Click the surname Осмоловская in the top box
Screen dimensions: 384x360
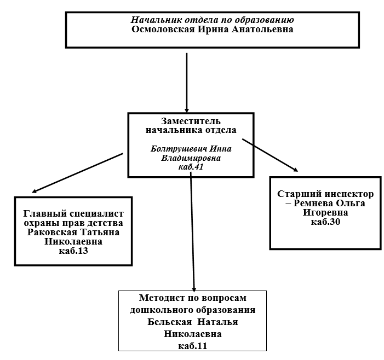(163, 30)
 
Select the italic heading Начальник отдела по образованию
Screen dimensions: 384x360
(212, 20)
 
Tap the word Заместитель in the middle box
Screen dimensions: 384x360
(191, 121)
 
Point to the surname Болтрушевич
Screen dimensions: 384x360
(180, 149)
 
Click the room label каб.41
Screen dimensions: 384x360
(191, 167)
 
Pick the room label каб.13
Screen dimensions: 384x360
(73, 251)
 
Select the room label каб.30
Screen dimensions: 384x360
(325, 222)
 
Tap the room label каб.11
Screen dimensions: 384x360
(192, 346)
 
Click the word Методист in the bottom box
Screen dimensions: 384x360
(161, 298)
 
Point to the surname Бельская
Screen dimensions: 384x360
(170, 322)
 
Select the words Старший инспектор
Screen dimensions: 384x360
(325, 194)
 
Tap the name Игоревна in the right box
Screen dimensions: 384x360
(325, 212)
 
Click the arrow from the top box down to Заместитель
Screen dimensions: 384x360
(187, 83)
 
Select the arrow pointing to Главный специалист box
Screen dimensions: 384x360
(77, 173)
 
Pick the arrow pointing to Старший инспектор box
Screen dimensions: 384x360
(270, 155)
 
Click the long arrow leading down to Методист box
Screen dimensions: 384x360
(192, 232)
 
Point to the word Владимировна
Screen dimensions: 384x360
(191, 158)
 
